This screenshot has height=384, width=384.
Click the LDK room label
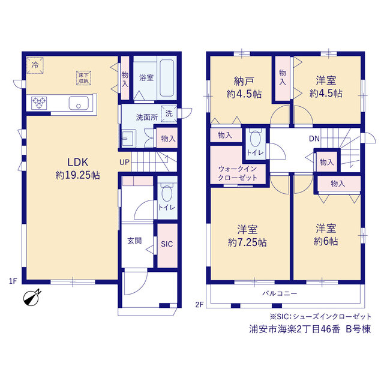coord(77,162)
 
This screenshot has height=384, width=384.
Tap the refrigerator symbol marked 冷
coord(35,65)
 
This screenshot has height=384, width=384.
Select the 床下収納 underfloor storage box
coord(84,78)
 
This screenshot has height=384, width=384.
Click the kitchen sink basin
coord(79,103)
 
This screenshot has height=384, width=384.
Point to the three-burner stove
coord(39,103)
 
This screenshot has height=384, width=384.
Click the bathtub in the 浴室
coord(167,78)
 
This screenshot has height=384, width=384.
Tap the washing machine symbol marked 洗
coord(169,113)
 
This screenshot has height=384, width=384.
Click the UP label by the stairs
coord(124,162)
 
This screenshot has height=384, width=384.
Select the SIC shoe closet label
coord(167,244)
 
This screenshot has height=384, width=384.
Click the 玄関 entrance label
coord(134,241)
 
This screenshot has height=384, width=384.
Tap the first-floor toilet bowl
coord(167,193)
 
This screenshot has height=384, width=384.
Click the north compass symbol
coord(32,298)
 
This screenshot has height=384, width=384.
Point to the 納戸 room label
coord(244,82)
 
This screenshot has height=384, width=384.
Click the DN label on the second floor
coord(314,139)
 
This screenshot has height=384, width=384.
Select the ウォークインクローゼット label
coord(238,173)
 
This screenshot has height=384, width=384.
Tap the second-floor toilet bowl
coord(255,139)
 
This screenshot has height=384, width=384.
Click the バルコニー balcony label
coord(280,293)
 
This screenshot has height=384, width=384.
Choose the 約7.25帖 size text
coord(247,242)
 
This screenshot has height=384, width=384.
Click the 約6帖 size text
coord(326,241)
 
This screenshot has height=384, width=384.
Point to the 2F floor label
coord(199,304)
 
